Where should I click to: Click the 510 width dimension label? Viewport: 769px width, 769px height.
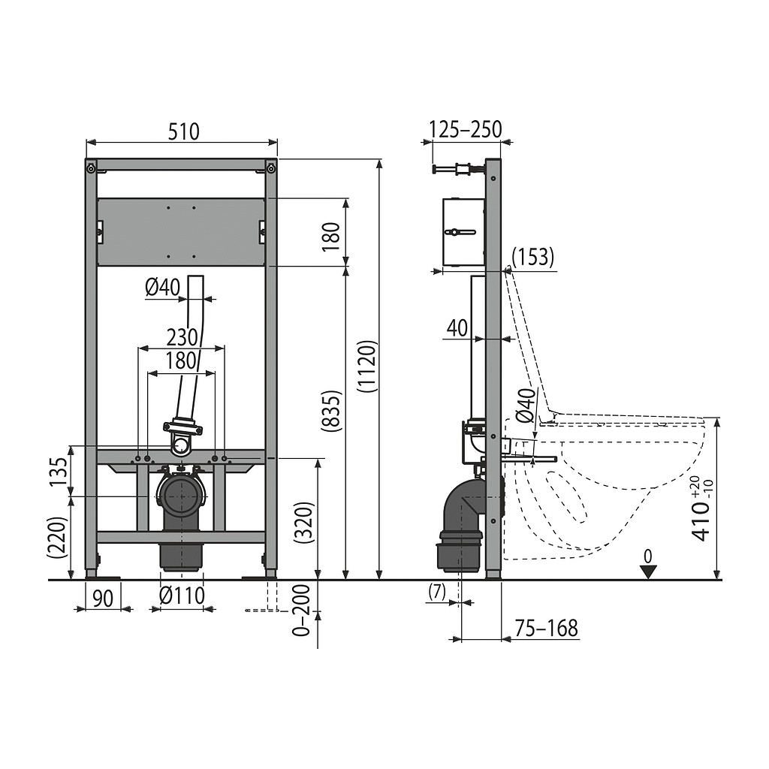click(184, 131)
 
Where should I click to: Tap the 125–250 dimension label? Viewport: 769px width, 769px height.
click(466, 129)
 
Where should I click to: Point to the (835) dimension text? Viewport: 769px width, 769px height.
click(331, 411)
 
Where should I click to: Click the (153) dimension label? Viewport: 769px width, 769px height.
click(533, 256)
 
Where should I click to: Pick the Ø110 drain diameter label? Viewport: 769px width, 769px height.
click(182, 596)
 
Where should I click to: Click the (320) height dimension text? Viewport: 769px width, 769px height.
click(305, 523)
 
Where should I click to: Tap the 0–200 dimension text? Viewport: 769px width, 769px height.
click(301, 611)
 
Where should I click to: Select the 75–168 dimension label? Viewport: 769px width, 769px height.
click(547, 629)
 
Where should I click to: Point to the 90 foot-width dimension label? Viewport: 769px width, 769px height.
click(103, 599)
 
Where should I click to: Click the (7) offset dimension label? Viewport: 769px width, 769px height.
click(437, 592)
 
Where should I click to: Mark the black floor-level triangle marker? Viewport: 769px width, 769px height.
click(648, 571)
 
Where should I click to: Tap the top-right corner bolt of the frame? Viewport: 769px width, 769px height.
click(271, 169)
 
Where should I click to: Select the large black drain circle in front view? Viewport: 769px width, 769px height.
click(182, 496)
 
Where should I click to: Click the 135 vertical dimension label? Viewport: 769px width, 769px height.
click(60, 472)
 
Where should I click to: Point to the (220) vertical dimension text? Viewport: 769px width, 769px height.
click(57, 538)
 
